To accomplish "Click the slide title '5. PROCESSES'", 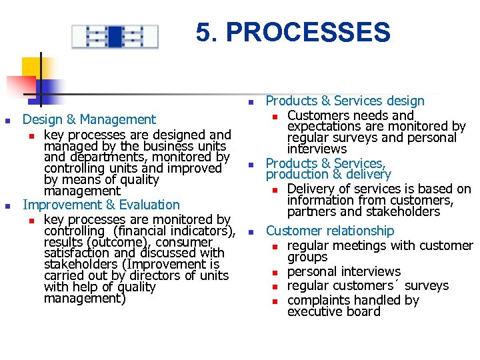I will [293, 32].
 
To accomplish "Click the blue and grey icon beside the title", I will [115, 36].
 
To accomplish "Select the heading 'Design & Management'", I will [89, 119].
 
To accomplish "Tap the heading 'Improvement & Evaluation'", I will [101, 205].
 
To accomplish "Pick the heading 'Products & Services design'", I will [345, 101].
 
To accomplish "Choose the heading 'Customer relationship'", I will [330, 231].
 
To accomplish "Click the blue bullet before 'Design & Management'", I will [7, 121].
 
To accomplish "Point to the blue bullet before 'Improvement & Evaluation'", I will [7, 206].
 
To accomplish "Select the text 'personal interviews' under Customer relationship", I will [343, 271].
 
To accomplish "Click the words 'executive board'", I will [333, 311].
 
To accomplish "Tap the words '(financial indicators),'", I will [175, 231].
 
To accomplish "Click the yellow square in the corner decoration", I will [31, 67].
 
